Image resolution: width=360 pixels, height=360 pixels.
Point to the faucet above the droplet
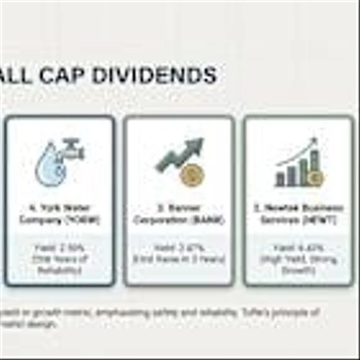tap(72, 149)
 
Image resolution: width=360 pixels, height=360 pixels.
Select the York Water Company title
tap(60, 215)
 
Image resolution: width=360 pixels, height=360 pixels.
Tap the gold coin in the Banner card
tap(190, 175)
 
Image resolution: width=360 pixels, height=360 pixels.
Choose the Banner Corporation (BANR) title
tap(178, 215)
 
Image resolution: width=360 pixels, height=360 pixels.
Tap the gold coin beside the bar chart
tap(316, 176)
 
